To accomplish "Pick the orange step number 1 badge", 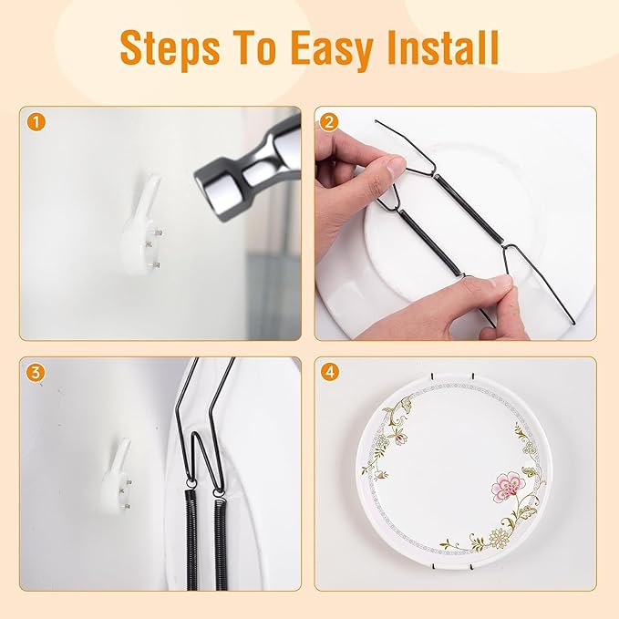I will (36, 121).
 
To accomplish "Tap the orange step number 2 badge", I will (330, 121).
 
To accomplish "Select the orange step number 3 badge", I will (36, 372).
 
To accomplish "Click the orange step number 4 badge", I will (330, 372).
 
